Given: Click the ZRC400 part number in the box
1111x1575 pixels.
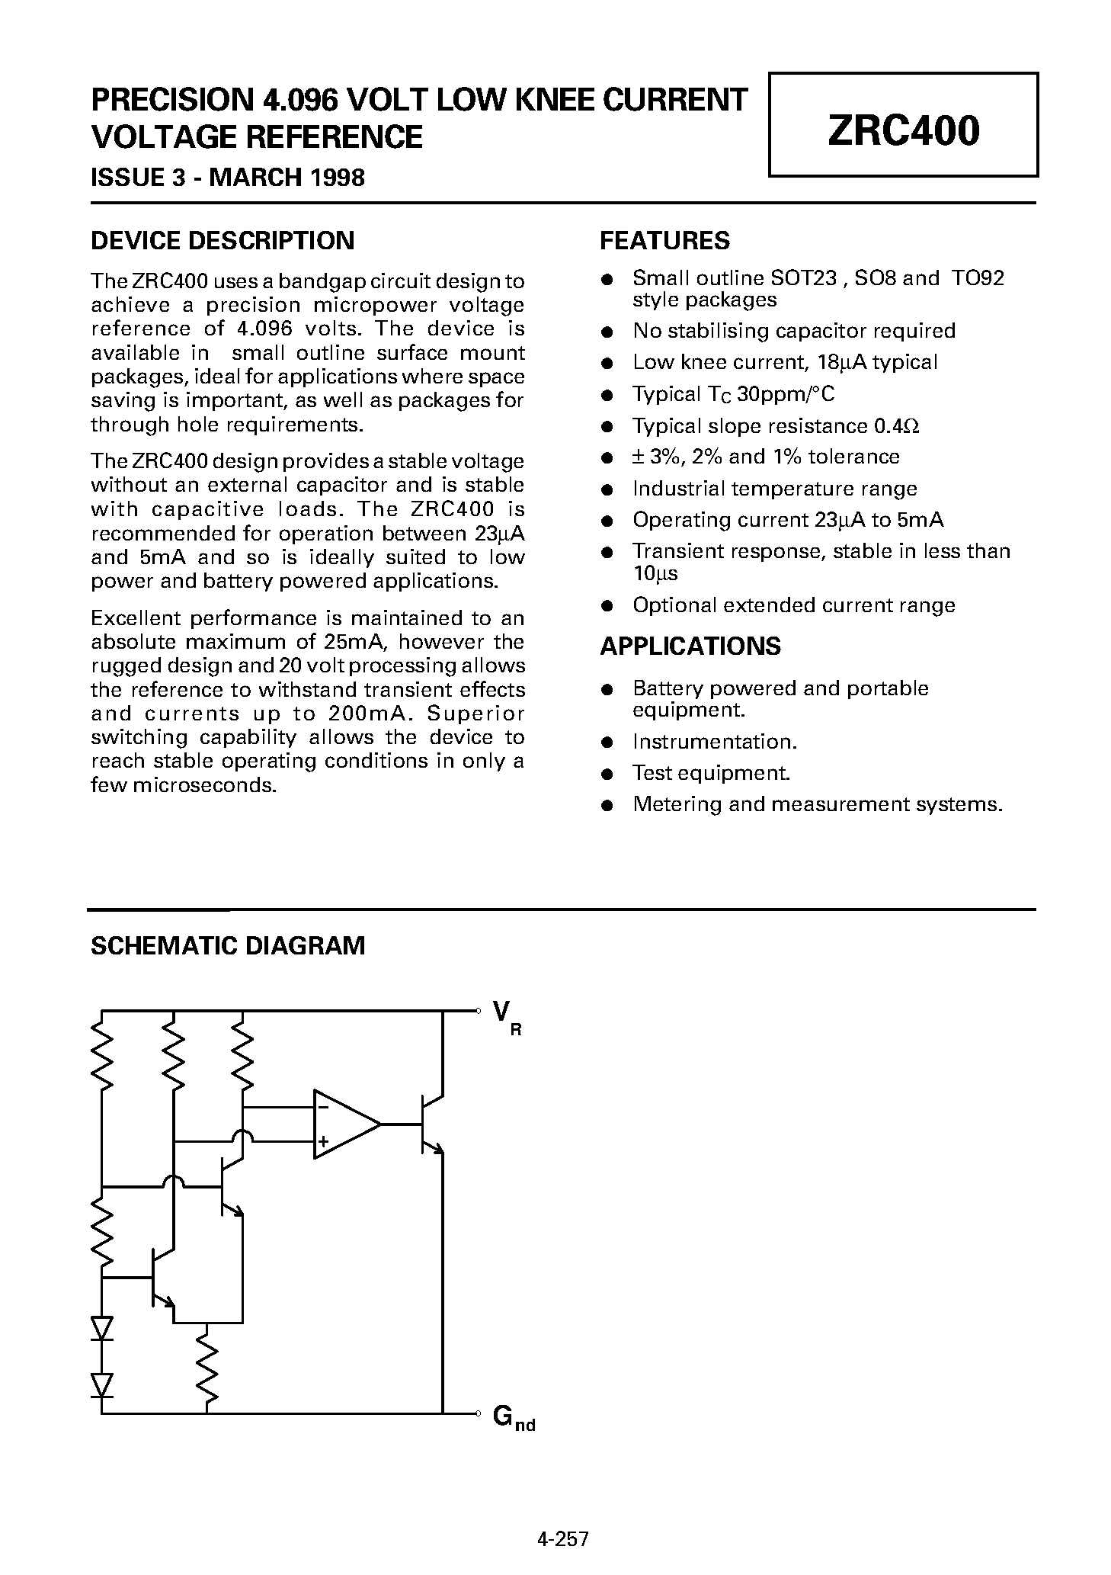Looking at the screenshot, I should (x=903, y=130).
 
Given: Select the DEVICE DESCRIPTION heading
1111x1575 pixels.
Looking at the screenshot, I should (x=223, y=241).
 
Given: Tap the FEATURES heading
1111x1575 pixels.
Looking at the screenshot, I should (x=664, y=241).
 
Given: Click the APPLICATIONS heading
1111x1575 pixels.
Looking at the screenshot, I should (x=690, y=646).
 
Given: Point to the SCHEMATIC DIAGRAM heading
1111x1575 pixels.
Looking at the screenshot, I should (x=228, y=945).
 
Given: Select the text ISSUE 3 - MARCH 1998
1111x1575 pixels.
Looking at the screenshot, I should (x=228, y=178).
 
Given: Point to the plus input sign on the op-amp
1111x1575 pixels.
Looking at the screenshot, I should (x=323, y=1141).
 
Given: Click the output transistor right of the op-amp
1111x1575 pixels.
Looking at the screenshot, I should (x=429, y=1124).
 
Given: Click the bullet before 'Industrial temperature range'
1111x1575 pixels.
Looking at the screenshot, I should (x=607, y=489).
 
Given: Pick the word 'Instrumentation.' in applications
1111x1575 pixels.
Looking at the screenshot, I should (x=715, y=742).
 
